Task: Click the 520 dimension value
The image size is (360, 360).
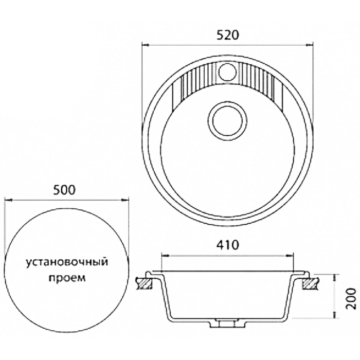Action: click(228, 35)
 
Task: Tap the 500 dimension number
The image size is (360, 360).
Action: click(64, 190)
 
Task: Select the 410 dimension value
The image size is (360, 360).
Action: click(228, 245)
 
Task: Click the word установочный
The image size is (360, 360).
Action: click(66, 262)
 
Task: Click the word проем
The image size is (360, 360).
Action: click(67, 278)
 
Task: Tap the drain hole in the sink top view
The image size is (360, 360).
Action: click(227, 121)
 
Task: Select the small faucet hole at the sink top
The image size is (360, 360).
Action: click(227, 72)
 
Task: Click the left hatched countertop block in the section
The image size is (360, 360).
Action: click(145, 283)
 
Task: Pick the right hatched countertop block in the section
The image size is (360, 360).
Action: click(311, 283)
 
